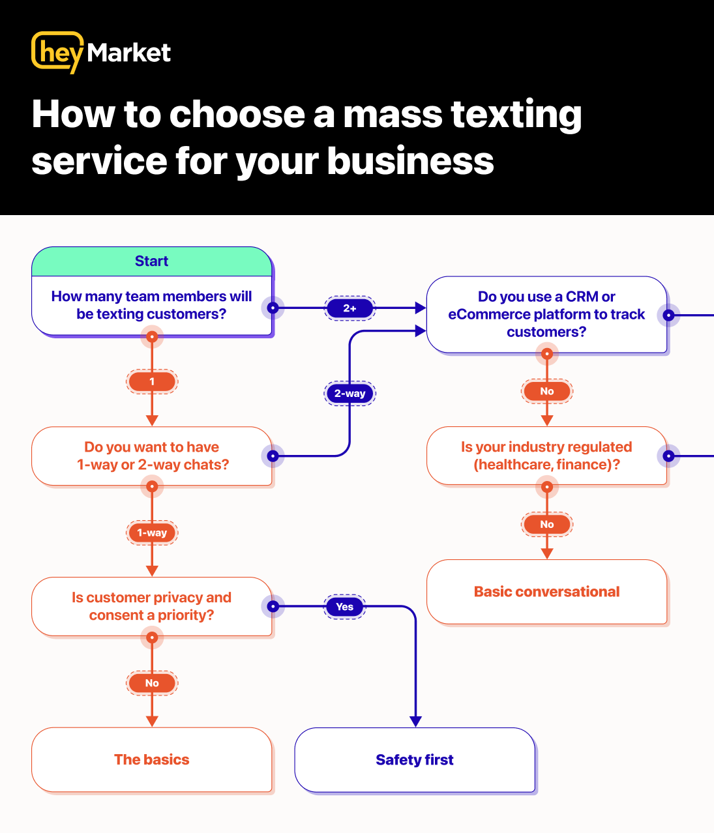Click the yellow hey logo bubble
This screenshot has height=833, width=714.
click(x=57, y=51)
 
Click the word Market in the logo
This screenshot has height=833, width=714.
click(x=128, y=53)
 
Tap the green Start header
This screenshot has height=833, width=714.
click(x=151, y=261)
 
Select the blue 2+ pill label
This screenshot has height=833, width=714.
click(x=350, y=308)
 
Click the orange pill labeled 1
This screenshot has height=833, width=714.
click(x=152, y=381)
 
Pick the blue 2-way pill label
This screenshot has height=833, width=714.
click(x=350, y=394)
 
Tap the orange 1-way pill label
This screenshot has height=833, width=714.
click(x=152, y=533)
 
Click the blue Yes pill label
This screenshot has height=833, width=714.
click(x=344, y=607)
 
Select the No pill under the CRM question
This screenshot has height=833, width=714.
click(x=547, y=391)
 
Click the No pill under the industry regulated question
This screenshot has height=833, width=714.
click(x=547, y=524)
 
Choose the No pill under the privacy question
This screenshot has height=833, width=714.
click(x=152, y=683)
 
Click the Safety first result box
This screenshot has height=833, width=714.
click(x=415, y=760)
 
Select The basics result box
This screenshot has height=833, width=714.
click(x=152, y=760)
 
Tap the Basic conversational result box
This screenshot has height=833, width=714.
click(x=547, y=592)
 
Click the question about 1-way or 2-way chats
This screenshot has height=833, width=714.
click(x=152, y=456)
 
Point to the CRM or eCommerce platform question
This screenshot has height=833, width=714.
click(x=546, y=314)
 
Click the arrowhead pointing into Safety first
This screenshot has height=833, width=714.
click(x=416, y=722)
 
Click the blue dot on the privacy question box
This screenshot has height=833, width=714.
click(x=273, y=607)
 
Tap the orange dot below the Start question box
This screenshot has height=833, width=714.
click(x=152, y=337)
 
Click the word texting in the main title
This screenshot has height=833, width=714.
click(x=516, y=115)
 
